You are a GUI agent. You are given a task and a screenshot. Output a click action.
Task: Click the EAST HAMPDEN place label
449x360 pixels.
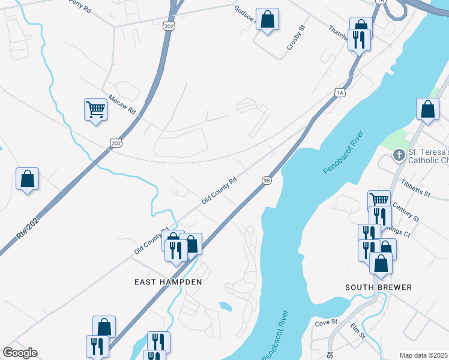click(x=168, y=281)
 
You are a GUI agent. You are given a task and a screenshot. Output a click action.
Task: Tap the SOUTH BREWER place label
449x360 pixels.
click(x=378, y=287)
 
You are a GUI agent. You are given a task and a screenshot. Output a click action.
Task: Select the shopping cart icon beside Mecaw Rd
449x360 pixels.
click(x=95, y=110)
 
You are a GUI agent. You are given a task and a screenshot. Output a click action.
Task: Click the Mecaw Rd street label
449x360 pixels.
click(x=123, y=104)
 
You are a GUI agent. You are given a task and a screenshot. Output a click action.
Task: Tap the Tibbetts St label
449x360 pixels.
click(x=416, y=188)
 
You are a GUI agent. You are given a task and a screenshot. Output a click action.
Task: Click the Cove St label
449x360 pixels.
click(x=327, y=322)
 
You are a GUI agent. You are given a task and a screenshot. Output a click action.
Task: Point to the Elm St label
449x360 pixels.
click(x=358, y=331)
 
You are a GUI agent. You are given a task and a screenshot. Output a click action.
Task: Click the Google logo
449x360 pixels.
click(x=20, y=353)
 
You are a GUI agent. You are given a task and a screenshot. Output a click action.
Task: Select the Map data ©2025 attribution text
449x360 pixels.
click(x=423, y=355)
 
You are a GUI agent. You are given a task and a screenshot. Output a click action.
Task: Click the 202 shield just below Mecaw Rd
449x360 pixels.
click(x=116, y=141)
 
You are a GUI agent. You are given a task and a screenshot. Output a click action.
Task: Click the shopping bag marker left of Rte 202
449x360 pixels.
click(x=27, y=179)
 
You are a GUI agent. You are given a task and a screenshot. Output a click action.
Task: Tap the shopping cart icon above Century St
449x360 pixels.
click(x=379, y=199)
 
